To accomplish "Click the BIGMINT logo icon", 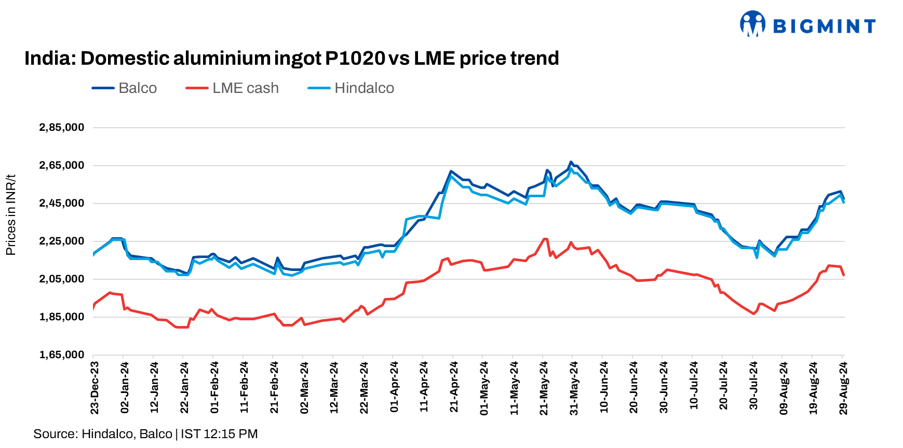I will [x=752, y=24].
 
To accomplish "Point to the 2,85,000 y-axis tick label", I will [x=61, y=128].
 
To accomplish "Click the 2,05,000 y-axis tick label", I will [x=61, y=279].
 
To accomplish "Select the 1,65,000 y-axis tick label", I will [x=61, y=355].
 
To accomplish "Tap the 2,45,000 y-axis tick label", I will [x=61, y=203].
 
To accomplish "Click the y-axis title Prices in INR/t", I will [x=11, y=215].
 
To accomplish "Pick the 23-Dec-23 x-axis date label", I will [x=95, y=388].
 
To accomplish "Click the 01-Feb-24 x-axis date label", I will [x=214, y=388].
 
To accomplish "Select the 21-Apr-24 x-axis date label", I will [x=454, y=388].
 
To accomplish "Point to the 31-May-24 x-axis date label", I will [x=574, y=388].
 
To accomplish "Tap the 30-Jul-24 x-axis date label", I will [x=754, y=388].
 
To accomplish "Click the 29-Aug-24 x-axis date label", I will [x=844, y=388].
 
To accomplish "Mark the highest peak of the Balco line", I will [x=571, y=162].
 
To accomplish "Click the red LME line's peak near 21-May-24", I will [x=545, y=239].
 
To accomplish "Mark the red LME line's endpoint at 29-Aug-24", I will [x=844, y=275].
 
